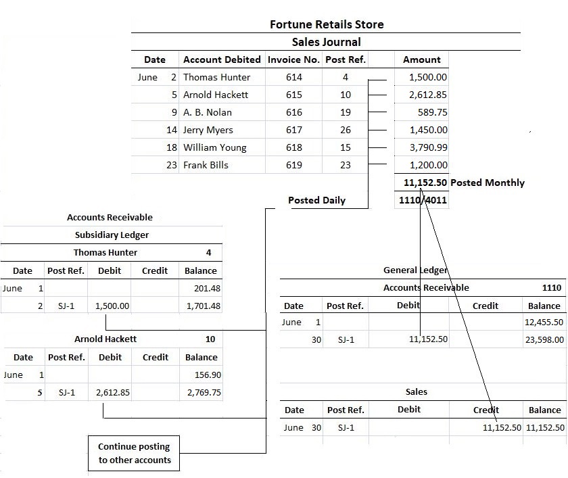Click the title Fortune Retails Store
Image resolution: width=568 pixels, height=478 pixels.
(x=327, y=24)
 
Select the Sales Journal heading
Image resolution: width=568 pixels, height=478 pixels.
(x=326, y=42)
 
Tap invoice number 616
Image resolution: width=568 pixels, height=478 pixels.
(x=294, y=112)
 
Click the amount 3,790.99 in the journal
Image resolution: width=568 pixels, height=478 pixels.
(x=428, y=147)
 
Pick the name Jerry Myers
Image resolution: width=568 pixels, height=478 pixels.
(x=208, y=130)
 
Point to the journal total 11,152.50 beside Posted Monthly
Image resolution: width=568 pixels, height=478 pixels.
(x=425, y=183)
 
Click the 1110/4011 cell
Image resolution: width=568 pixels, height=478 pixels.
(x=421, y=200)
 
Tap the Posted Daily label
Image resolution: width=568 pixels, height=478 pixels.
(x=316, y=200)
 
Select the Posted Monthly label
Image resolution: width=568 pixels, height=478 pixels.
(x=487, y=183)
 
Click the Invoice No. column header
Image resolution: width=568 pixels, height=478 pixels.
(x=293, y=59)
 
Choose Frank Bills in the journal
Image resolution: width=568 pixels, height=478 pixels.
(x=206, y=165)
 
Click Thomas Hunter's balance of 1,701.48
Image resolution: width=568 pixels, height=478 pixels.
(x=203, y=306)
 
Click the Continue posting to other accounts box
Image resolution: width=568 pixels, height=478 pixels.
(x=134, y=454)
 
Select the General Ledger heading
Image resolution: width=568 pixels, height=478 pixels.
(x=415, y=270)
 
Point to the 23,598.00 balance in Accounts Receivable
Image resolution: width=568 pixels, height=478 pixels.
(x=544, y=339)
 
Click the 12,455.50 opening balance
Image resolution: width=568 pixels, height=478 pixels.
(x=544, y=322)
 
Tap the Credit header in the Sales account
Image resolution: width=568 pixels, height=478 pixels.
(x=486, y=410)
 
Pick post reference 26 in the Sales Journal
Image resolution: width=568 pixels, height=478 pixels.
(x=345, y=130)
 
